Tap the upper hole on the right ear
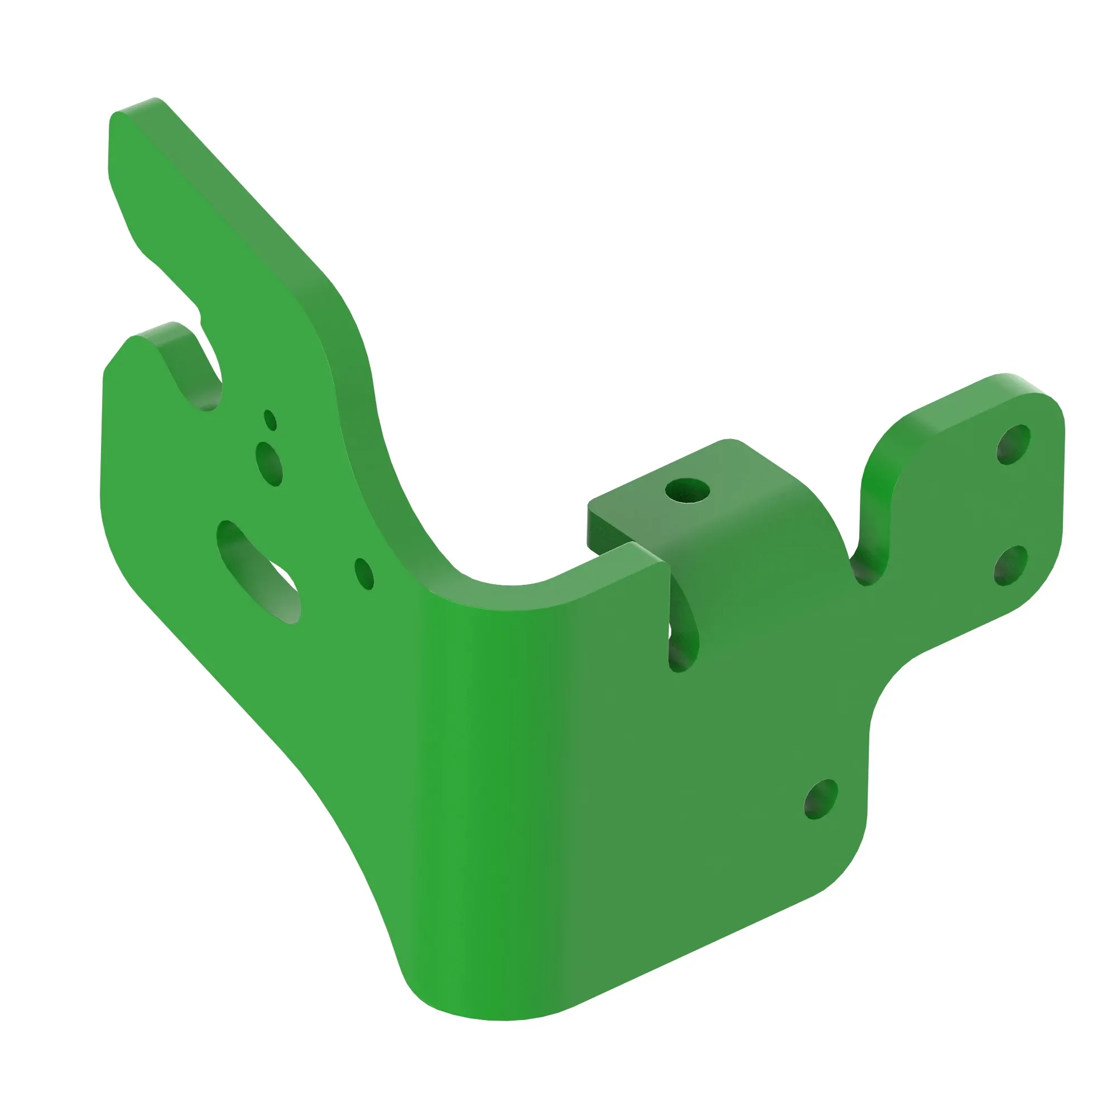coord(1014,444)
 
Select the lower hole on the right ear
coord(1011,565)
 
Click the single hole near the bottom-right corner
coord(821,800)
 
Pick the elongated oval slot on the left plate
coord(258,571)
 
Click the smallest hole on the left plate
coord(270,420)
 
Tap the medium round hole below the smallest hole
coord(269,463)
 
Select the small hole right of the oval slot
coord(364,574)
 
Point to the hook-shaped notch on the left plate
coord(199,370)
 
